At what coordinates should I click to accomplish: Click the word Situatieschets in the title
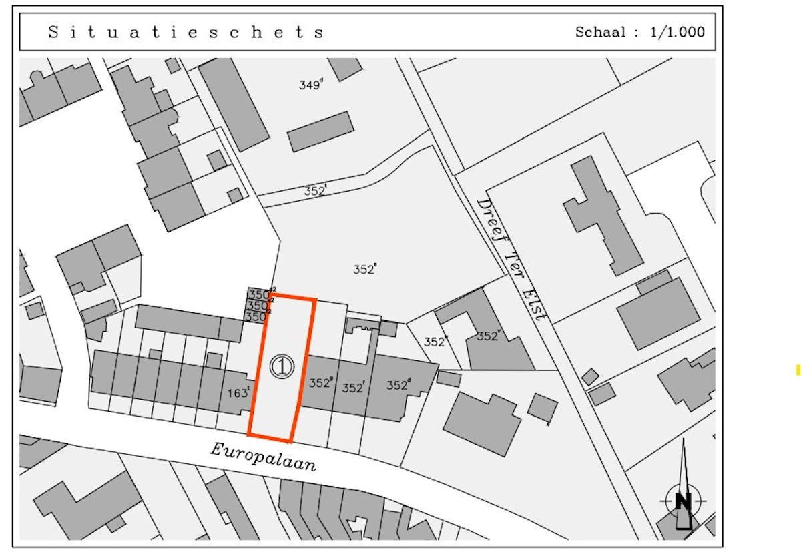pos(186,32)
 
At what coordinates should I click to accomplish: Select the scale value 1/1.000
pos(678,32)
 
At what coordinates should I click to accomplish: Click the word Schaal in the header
pos(601,32)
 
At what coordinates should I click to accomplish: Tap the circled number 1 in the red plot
pos(282,366)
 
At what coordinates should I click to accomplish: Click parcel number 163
pos(238,393)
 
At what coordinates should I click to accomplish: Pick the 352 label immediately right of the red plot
pos(321,383)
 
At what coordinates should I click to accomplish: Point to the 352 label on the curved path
pos(316,190)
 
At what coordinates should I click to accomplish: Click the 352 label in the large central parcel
pos(364,269)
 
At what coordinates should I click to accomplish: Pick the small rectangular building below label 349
pos(320,131)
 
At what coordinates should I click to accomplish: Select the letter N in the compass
pos(682,501)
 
